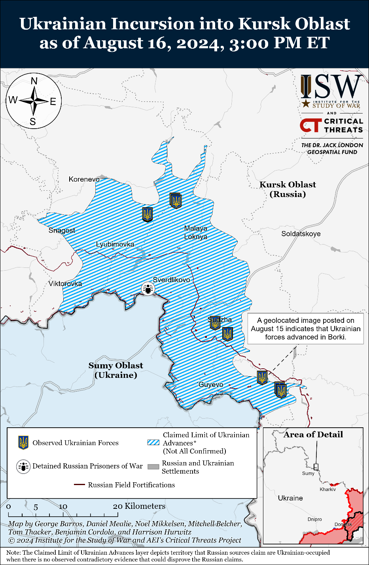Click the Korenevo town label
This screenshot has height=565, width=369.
84,179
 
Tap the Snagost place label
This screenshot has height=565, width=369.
62,230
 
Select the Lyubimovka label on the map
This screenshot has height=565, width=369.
115,244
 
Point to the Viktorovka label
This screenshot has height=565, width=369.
65,284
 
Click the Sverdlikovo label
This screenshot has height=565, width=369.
171,280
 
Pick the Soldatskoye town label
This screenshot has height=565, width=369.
301,234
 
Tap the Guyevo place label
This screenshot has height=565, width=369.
211,385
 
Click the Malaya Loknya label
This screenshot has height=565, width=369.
196,233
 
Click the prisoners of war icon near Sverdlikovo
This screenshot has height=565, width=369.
148,289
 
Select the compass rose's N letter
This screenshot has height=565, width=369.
34,81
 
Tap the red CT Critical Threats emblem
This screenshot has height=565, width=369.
310,125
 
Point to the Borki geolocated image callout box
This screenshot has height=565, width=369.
306,329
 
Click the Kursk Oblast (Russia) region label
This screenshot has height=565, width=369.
288,189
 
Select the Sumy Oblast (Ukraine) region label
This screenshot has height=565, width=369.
115,370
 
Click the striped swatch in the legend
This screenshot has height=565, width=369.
153,442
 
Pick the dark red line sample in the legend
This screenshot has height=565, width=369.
79,485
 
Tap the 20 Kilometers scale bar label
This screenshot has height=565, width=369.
139,506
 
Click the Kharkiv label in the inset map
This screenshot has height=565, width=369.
328,489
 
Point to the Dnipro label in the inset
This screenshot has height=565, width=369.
315,519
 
